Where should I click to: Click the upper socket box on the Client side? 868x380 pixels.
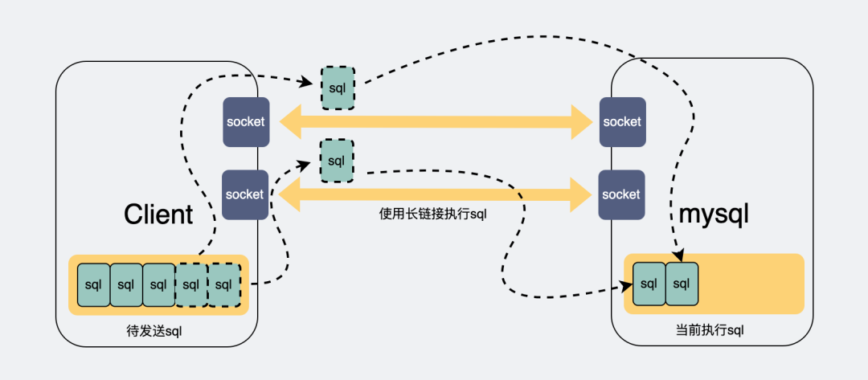click(x=245, y=122)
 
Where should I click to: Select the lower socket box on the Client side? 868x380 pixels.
click(x=245, y=194)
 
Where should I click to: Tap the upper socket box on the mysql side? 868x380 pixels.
click(x=621, y=122)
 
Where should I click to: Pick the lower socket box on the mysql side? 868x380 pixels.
click(x=621, y=194)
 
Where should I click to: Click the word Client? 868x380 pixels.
click(x=158, y=215)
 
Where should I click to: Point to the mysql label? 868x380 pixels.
click(x=714, y=215)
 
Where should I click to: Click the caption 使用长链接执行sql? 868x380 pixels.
click(x=433, y=215)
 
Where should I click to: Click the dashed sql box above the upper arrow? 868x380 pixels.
click(x=338, y=88)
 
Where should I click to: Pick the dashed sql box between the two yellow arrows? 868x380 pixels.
click(x=337, y=159)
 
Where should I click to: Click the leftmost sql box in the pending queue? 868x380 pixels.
click(x=93, y=284)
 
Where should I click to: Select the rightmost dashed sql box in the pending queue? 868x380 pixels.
click(x=224, y=284)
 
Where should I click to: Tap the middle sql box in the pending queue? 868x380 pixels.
click(x=159, y=284)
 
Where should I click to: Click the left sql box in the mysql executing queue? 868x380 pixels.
click(x=649, y=284)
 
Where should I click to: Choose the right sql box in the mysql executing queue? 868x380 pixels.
click(x=682, y=284)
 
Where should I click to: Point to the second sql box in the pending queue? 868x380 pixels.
click(x=126, y=284)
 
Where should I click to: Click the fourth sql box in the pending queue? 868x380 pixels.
click(x=191, y=284)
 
